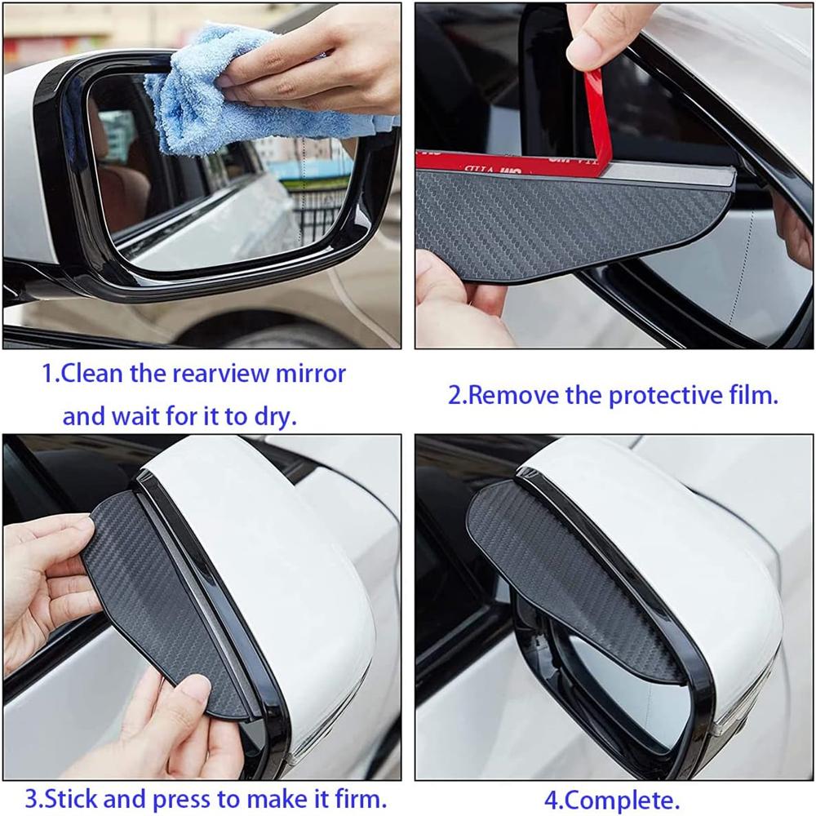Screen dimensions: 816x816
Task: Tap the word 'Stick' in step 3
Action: click(70, 796)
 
